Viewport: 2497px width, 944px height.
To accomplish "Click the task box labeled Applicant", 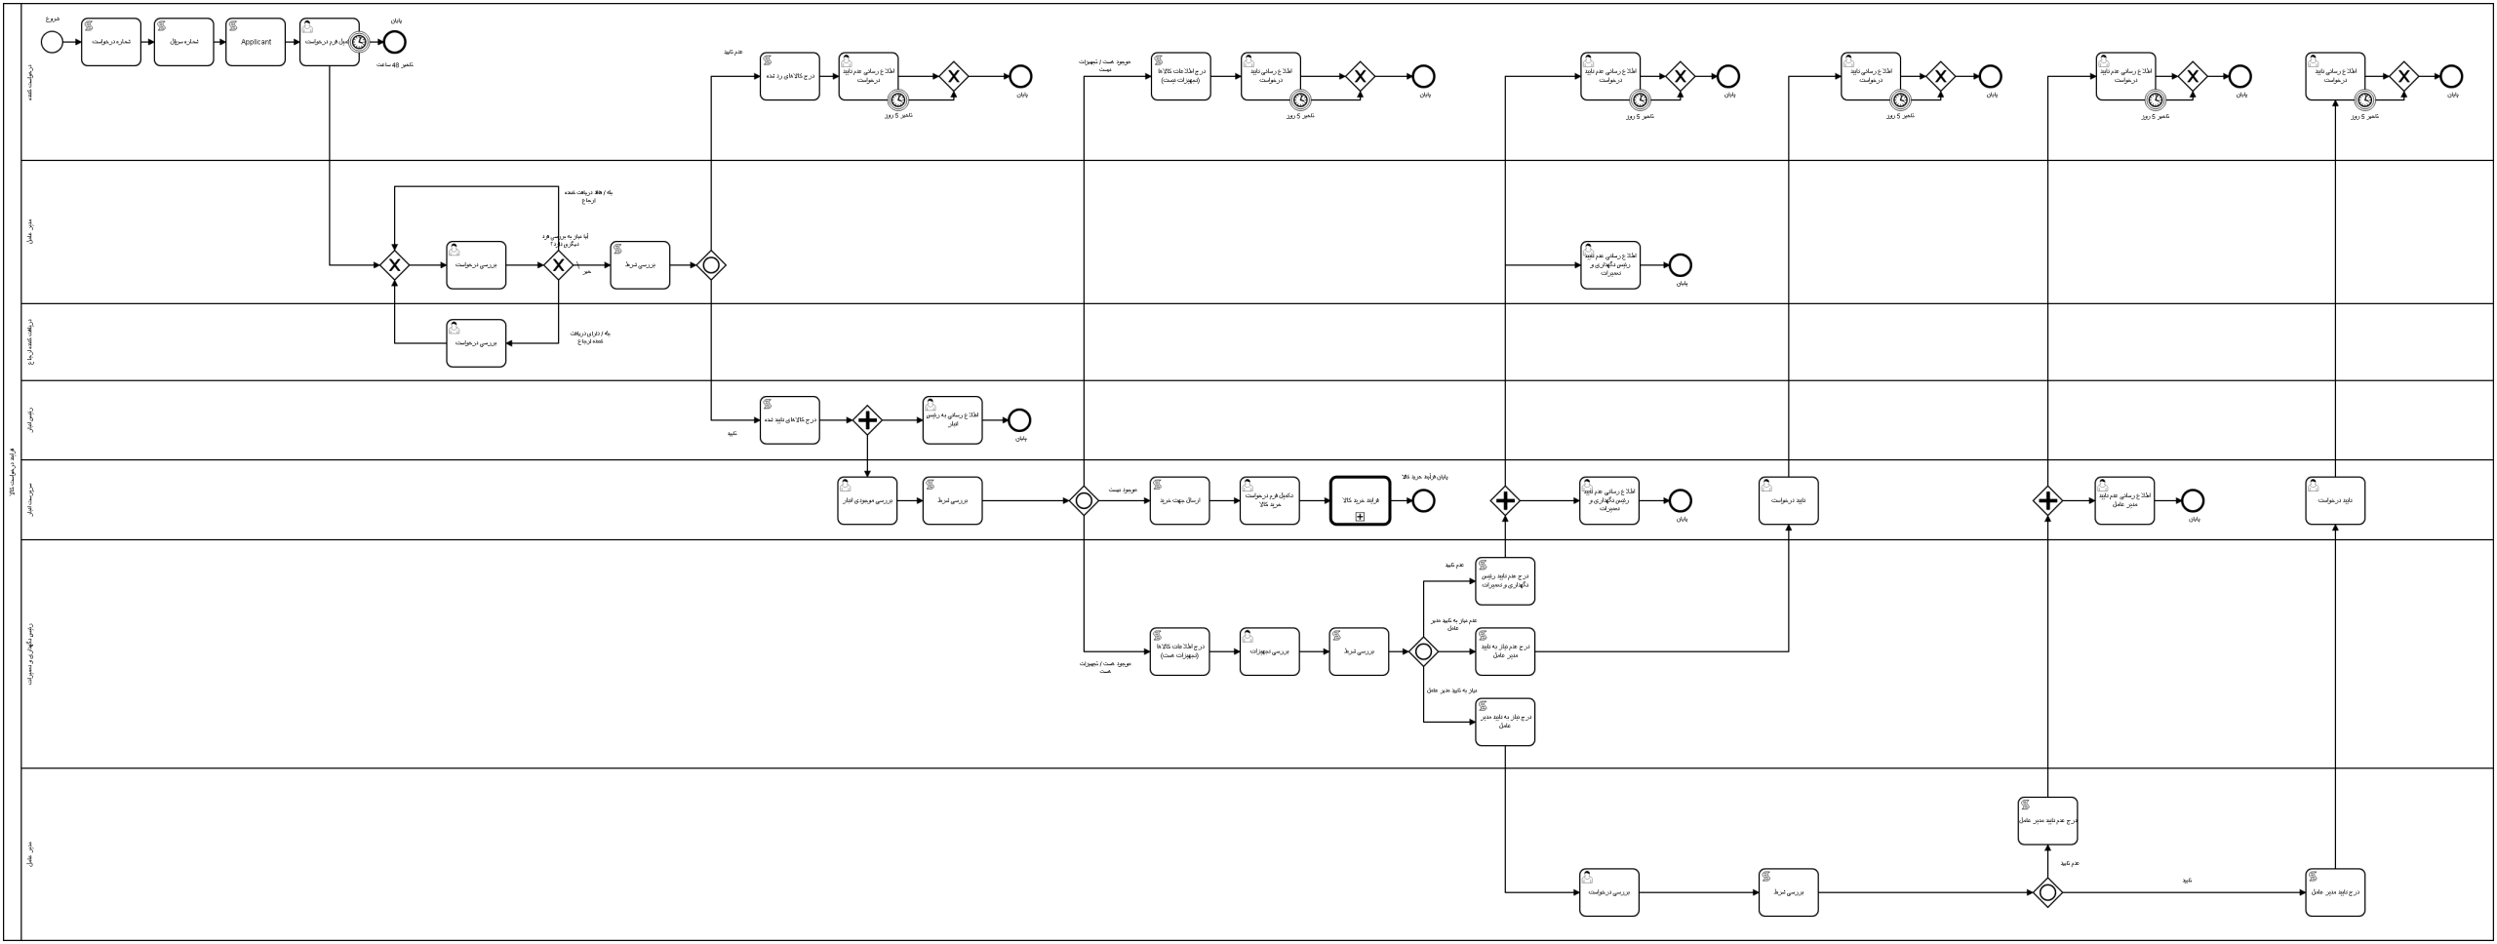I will click(x=256, y=43).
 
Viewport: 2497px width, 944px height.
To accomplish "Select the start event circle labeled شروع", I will click(x=52, y=42).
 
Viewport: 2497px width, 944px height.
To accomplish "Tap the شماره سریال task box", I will click(x=183, y=43).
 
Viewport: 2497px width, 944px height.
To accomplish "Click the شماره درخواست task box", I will click(x=111, y=43).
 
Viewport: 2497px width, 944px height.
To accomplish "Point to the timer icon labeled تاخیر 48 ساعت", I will click(x=359, y=42).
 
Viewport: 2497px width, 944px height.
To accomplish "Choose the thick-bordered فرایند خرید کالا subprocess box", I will click(x=1360, y=500).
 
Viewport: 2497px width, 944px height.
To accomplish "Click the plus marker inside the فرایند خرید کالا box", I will click(x=1360, y=516).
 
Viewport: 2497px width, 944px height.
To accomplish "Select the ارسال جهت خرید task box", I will click(x=1179, y=500).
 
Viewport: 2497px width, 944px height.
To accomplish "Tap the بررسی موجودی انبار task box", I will click(x=867, y=500).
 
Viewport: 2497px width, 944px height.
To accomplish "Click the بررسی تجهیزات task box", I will click(x=1270, y=651).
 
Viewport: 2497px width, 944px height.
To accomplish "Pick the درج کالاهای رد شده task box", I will click(x=790, y=76).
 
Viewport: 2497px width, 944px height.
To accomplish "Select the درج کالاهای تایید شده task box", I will click(x=790, y=420).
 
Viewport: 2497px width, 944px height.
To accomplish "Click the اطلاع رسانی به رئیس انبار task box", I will click(x=953, y=420).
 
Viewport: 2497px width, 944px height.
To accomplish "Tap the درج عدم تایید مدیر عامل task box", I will click(x=2047, y=821).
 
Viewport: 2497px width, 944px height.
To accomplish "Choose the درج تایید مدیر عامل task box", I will click(x=2335, y=892).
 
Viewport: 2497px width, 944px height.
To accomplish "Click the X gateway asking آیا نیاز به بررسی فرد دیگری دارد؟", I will click(x=558, y=265).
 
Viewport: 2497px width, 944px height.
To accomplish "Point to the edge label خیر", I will click(x=587, y=272).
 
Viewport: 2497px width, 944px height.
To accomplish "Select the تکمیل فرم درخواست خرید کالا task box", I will click(x=1270, y=500).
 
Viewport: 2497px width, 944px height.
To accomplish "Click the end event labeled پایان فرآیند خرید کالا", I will click(x=1423, y=500).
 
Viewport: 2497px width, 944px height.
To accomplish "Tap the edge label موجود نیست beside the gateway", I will click(x=1122, y=490).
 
